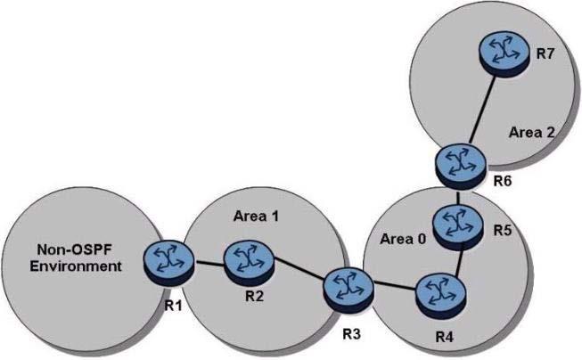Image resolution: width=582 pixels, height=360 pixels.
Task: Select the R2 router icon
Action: coord(249,263)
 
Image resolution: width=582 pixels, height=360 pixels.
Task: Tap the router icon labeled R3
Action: coord(348,290)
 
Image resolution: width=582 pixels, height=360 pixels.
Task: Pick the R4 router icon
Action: coord(440,296)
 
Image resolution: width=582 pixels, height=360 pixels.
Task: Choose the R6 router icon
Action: coord(460,167)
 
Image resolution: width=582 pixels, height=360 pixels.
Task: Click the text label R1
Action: coord(174,306)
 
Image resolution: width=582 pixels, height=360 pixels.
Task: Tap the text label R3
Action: coord(351,334)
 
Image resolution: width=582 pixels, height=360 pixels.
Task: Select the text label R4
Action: coord(444,338)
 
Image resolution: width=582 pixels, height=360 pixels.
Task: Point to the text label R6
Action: coord(503,181)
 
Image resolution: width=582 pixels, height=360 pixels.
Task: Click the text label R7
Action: coord(545,53)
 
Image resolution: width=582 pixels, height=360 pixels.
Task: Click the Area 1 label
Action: coord(256,216)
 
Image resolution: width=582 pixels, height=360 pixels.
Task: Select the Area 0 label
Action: coord(403,239)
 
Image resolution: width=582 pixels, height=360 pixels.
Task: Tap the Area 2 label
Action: coord(531,132)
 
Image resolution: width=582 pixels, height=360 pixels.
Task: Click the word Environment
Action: coord(76,266)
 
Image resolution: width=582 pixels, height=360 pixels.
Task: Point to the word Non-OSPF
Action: coord(74,250)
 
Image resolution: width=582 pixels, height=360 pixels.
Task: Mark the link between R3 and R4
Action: coord(395,286)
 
